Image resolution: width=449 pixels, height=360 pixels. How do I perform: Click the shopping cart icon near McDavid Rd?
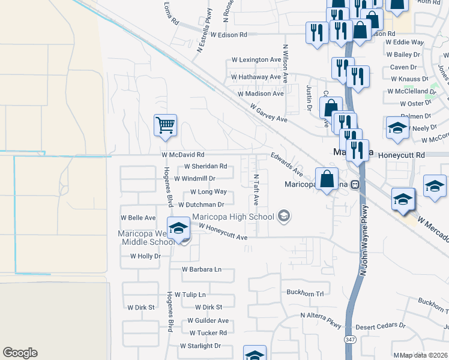point(165,126)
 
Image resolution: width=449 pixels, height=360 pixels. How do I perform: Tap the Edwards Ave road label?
point(286,164)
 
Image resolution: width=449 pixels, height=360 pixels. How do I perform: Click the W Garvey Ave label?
point(269,112)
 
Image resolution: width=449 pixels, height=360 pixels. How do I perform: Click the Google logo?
point(20,353)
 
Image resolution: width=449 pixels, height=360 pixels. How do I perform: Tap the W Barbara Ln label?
point(201,269)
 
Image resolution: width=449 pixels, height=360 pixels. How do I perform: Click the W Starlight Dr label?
point(200,346)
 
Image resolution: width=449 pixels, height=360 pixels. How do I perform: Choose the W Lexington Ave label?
point(256,61)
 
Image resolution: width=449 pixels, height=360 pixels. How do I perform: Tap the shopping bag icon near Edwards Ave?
point(327,179)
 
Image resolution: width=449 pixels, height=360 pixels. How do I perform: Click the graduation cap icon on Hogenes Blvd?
point(178,229)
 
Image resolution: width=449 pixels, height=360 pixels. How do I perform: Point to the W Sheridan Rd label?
point(205,166)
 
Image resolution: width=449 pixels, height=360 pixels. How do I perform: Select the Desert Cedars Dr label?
point(381,327)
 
